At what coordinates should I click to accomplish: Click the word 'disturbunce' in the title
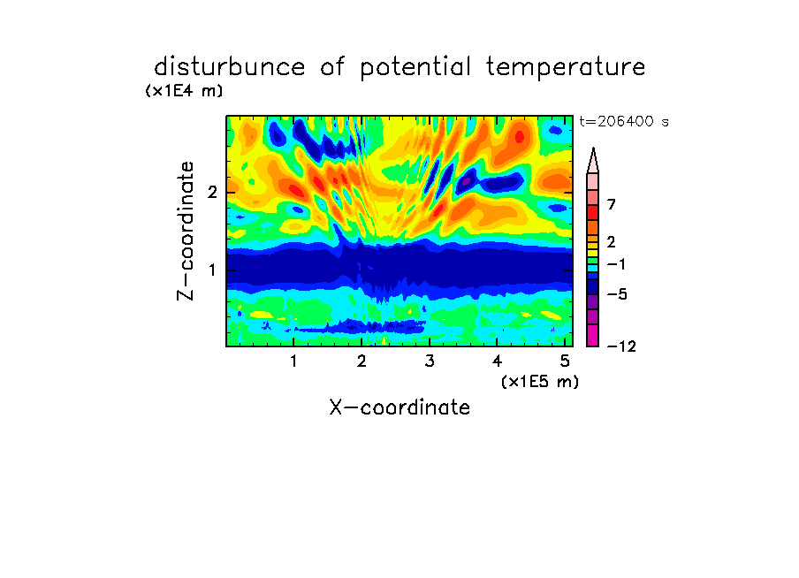point(229,67)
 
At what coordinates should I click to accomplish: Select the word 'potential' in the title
point(415,68)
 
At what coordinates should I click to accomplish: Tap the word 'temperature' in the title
point(566,68)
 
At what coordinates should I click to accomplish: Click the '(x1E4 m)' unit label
point(184,91)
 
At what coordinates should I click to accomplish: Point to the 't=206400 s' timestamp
point(624,121)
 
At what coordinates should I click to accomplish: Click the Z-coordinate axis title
point(186,231)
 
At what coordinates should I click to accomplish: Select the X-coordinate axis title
point(400,407)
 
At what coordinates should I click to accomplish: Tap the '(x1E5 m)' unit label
point(540,382)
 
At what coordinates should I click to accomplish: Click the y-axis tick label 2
point(212,193)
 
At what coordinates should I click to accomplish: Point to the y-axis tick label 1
point(212,270)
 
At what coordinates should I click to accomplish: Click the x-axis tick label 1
point(293,361)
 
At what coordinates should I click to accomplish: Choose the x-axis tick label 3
point(430,361)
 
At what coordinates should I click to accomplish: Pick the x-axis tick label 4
point(498,361)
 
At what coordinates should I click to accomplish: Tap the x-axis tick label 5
point(565,361)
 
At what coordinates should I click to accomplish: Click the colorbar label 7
point(612,204)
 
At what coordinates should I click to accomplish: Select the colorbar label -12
point(621,346)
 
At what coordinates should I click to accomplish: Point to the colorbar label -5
point(617,294)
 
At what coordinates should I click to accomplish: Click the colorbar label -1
point(616,264)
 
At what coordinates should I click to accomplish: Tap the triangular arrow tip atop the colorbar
point(593,148)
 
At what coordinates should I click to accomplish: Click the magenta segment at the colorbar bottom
point(593,335)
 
